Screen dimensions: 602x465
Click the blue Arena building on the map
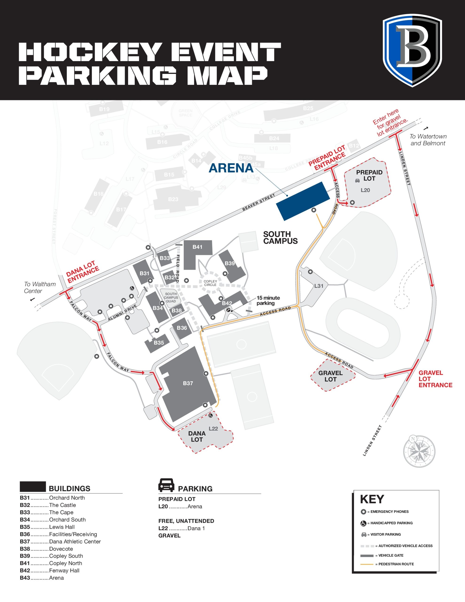[303, 201]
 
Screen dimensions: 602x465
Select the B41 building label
[197, 247]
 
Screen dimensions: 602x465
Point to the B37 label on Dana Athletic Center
[188, 383]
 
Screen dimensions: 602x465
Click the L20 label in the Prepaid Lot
[365, 190]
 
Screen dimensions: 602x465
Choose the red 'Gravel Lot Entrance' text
[435, 379]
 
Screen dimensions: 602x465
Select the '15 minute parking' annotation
[268, 301]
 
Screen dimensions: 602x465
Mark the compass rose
[419, 451]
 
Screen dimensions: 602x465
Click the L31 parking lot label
[319, 286]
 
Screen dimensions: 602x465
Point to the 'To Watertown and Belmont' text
[428, 140]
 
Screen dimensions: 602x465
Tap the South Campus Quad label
[171, 298]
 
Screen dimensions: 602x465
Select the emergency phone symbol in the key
[363, 512]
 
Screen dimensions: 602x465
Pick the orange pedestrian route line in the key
[366, 564]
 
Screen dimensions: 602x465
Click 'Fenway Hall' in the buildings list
[64, 570]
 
